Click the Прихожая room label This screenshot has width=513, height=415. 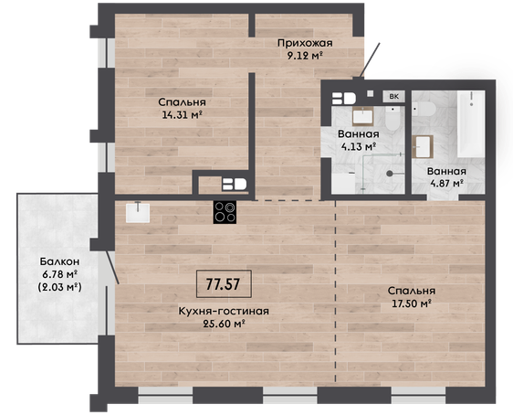pos(305,43)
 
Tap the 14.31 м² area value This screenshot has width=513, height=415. pos(182,114)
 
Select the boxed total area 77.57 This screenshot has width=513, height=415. pos(224,283)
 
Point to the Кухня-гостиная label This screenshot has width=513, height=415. pos(224,311)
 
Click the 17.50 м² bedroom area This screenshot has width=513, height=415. pos(412,303)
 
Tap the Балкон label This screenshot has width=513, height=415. pos(59,261)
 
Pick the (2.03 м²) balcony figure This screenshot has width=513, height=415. pos(59,287)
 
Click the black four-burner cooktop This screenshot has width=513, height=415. pos(225,212)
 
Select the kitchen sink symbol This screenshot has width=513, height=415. pos(138,212)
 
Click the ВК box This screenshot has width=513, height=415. pos(394,97)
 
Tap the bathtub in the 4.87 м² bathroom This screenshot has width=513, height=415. pos(471,123)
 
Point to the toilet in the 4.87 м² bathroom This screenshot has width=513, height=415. pos(424,109)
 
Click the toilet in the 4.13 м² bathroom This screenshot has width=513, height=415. pos(393,118)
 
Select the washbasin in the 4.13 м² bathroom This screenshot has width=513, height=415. pos(362,116)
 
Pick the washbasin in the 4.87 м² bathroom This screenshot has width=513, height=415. pos(423,147)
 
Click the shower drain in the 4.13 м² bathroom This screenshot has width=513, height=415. pos(390,174)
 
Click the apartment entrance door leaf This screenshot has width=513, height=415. pos(371,60)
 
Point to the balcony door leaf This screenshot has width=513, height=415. pos(112,267)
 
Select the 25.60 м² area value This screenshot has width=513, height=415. pos(225,324)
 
